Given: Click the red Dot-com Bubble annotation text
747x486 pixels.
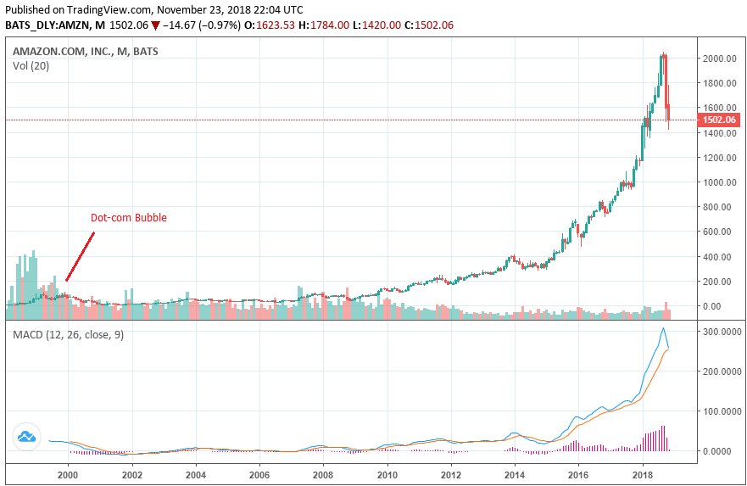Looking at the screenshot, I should [x=129, y=218].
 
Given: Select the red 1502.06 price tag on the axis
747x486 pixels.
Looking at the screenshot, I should [x=720, y=120].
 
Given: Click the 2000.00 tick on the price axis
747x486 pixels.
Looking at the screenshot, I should [x=718, y=59].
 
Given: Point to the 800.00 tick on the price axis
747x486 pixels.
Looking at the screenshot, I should [x=718, y=207].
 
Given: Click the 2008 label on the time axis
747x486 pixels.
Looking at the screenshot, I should [x=323, y=475].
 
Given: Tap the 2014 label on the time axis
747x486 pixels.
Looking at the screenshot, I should [x=515, y=475].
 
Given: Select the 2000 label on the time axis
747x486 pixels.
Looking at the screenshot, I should [x=68, y=475].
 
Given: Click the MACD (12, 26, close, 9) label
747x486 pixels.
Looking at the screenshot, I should [x=68, y=335].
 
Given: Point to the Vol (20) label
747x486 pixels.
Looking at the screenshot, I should [x=31, y=66].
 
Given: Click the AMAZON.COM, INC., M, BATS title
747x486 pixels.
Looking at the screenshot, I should [x=85, y=51].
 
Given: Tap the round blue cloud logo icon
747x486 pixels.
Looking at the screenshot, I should [x=27, y=438].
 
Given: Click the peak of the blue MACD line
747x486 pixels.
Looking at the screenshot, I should [x=663, y=328].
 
